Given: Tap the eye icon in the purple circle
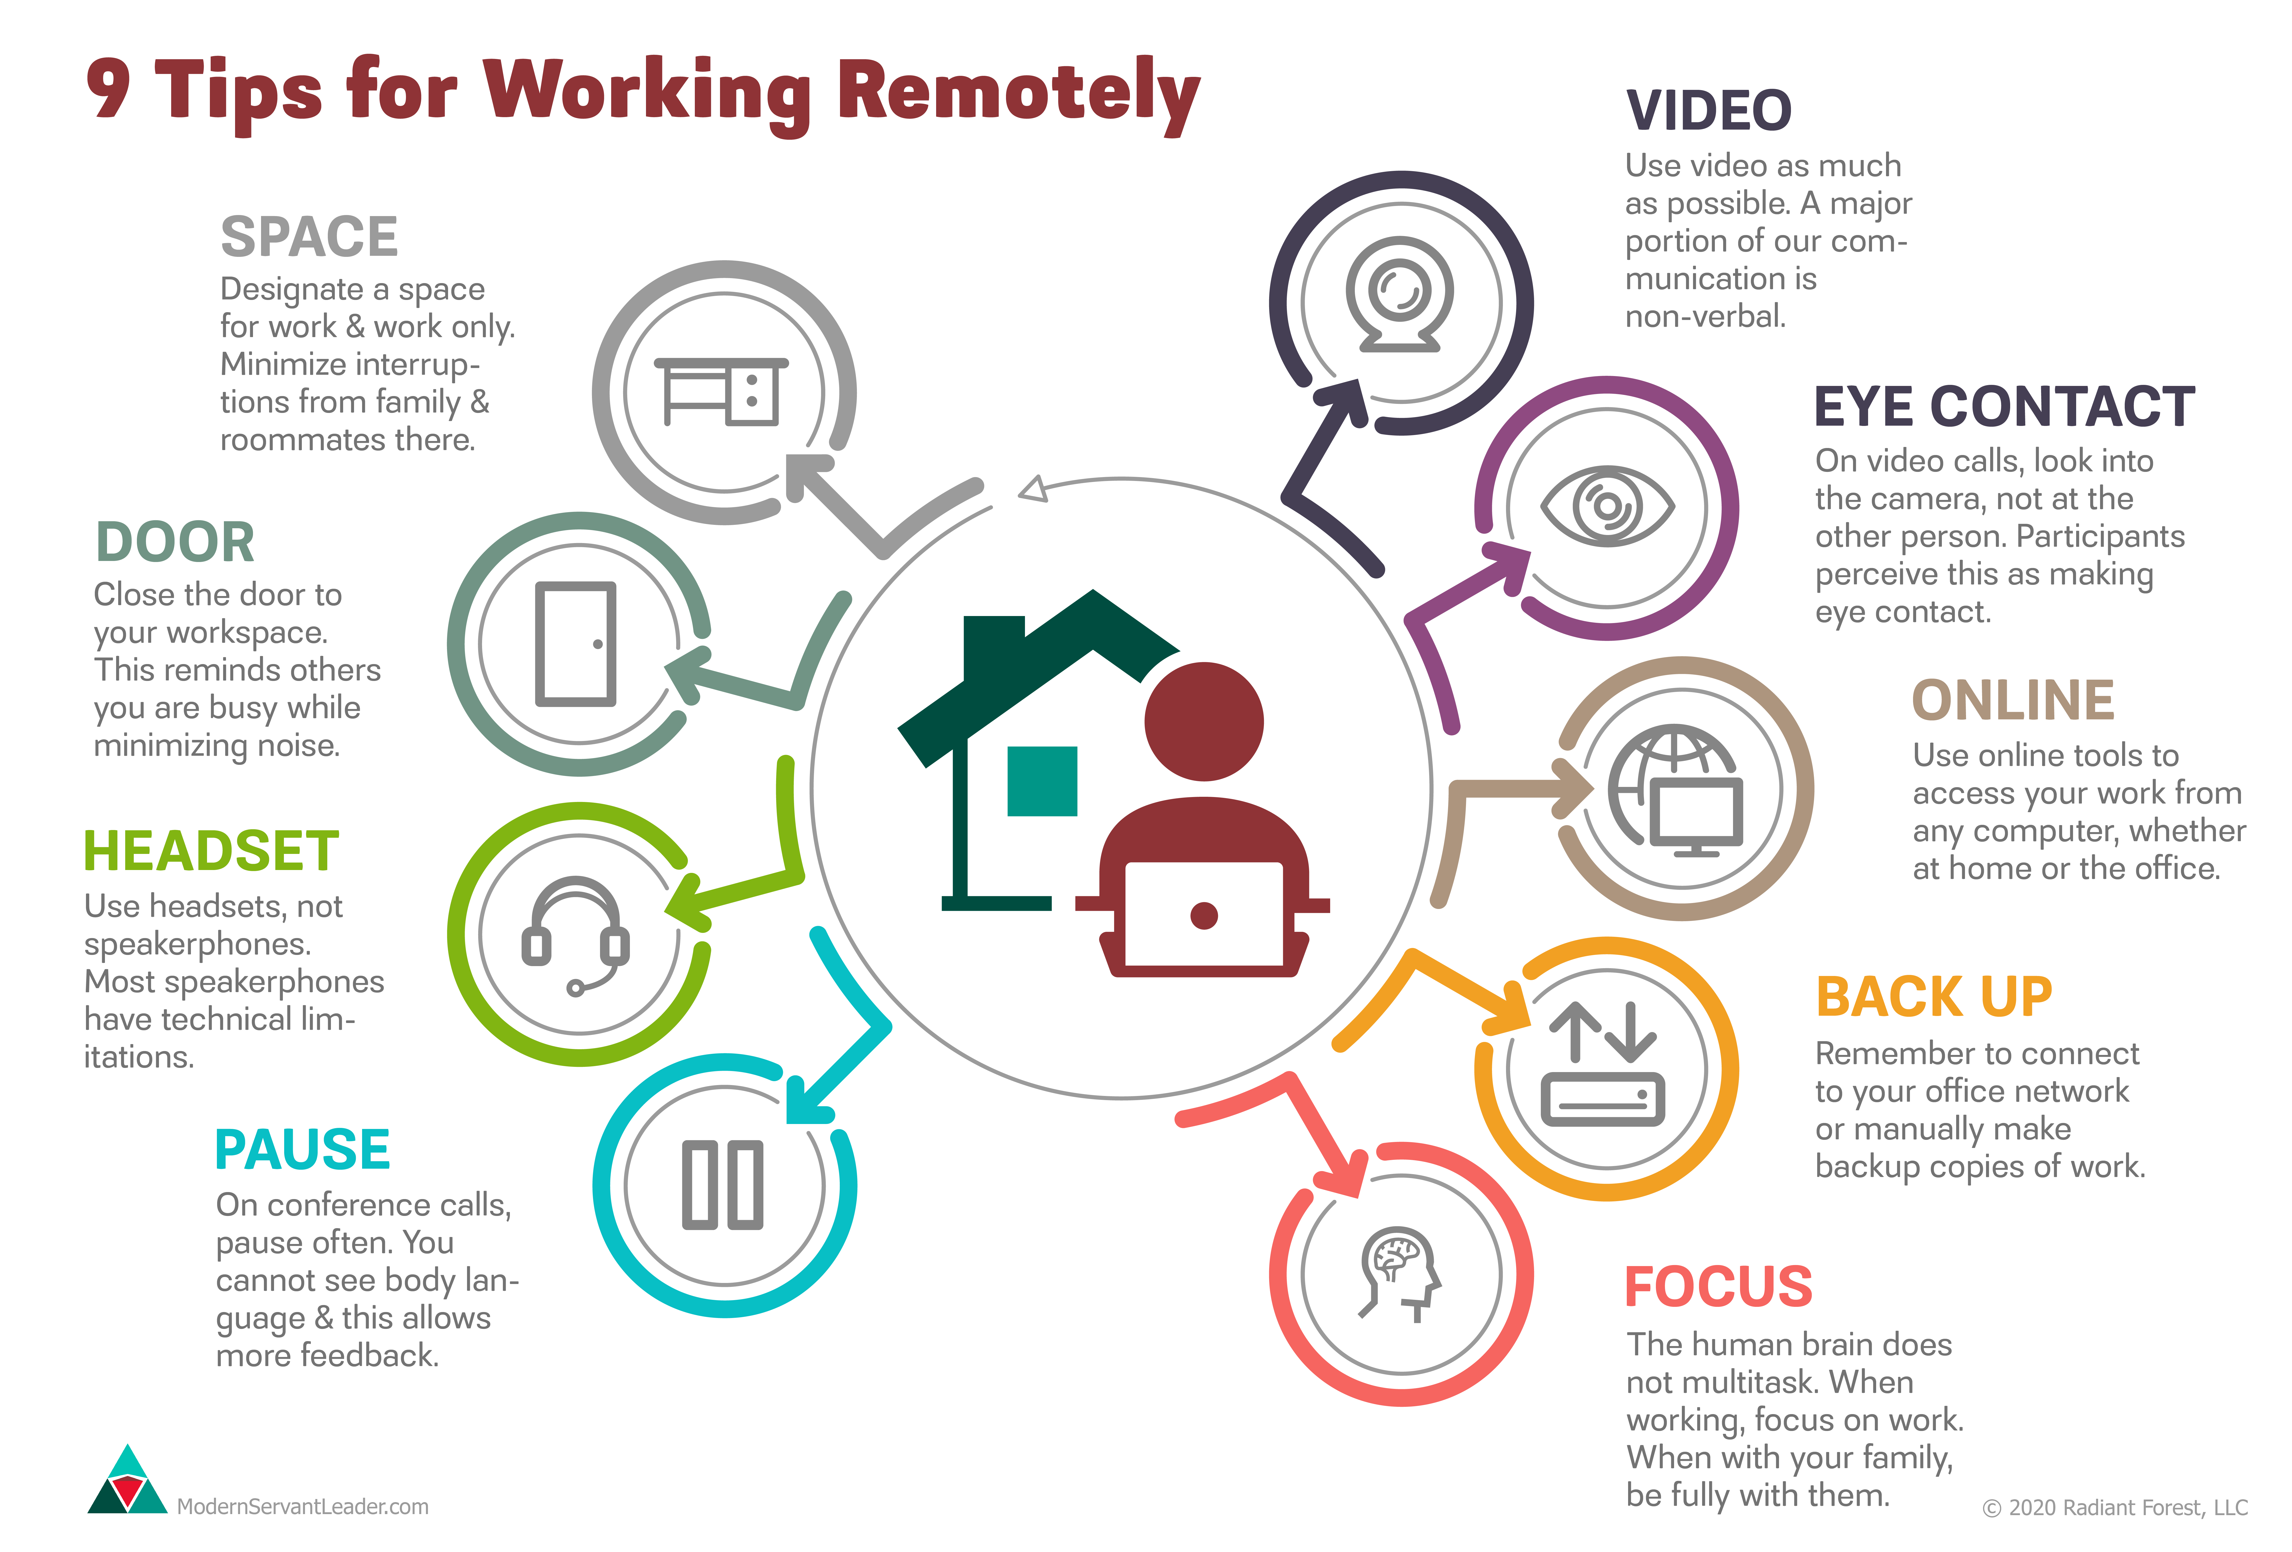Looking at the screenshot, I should point(1607,506).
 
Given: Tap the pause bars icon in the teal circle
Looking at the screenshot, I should point(723,1185).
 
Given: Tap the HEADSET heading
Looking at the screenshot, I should point(211,851).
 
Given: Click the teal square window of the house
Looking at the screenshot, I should point(1042,781).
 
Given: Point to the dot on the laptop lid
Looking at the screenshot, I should point(1203,915).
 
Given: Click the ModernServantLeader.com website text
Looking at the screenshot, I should point(303,1507).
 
